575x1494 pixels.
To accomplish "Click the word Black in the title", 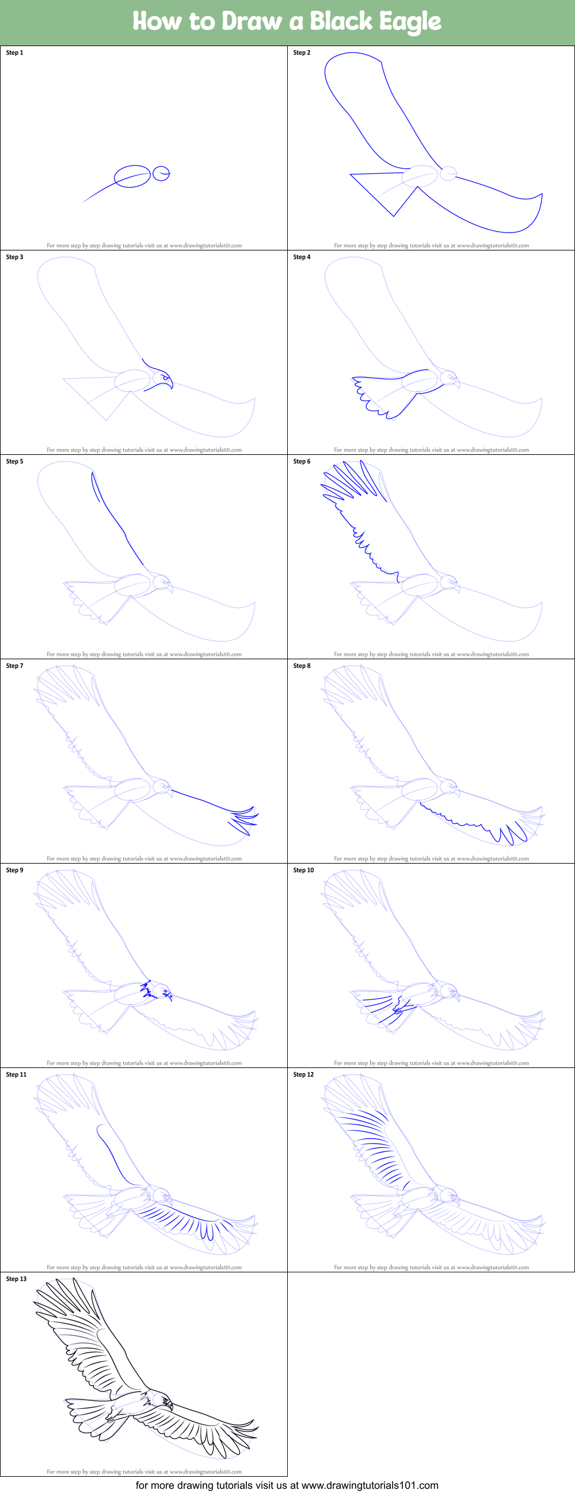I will [x=340, y=21].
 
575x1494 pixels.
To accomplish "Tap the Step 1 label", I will [x=14, y=53].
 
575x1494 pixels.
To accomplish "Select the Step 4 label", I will [x=302, y=257].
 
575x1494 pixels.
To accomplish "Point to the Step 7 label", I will [x=14, y=666].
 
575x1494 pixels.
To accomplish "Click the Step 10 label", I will [x=303, y=870].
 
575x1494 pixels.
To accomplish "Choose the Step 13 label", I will [x=16, y=1279].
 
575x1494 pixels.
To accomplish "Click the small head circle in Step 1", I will [x=161, y=173].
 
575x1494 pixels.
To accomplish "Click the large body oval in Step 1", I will [x=132, y=176].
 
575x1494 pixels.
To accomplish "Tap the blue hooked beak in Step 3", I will [x=169, y=383].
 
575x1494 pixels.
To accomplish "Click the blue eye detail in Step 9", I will [x=167, y=994].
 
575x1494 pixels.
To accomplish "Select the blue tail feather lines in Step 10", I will [x=383, y=1009].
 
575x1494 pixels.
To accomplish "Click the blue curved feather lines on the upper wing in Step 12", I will [x=371, y=1146].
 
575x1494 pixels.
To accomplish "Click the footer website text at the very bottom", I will [x=287, y=1485].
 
